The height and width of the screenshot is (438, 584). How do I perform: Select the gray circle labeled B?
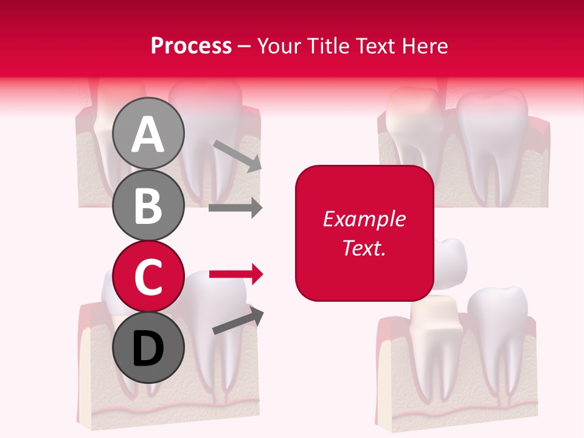click(x=148, y=205)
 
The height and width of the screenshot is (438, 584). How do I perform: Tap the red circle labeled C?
click(x=148, y=277)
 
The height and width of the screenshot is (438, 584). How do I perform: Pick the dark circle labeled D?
click(x=148, y=347)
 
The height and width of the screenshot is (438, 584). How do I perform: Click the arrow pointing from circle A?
click(x=237, y=155)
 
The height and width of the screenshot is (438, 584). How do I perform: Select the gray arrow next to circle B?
click(x=235, y=208)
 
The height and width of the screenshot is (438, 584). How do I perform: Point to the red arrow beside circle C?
click(x=235, y=274)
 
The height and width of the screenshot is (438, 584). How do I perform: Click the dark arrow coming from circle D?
click(x=238, y=321)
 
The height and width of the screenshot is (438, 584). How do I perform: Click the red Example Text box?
click(x=364, y=233)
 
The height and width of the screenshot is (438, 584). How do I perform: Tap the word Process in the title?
click(x=191, y=46)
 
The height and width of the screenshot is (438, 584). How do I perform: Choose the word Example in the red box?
click(x=364, y=219)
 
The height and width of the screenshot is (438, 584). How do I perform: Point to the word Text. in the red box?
click(x=364, y=248)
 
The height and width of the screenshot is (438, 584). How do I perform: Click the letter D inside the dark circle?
click(x=148, y=349)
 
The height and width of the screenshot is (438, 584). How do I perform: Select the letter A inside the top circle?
click(x=148, y=134)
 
